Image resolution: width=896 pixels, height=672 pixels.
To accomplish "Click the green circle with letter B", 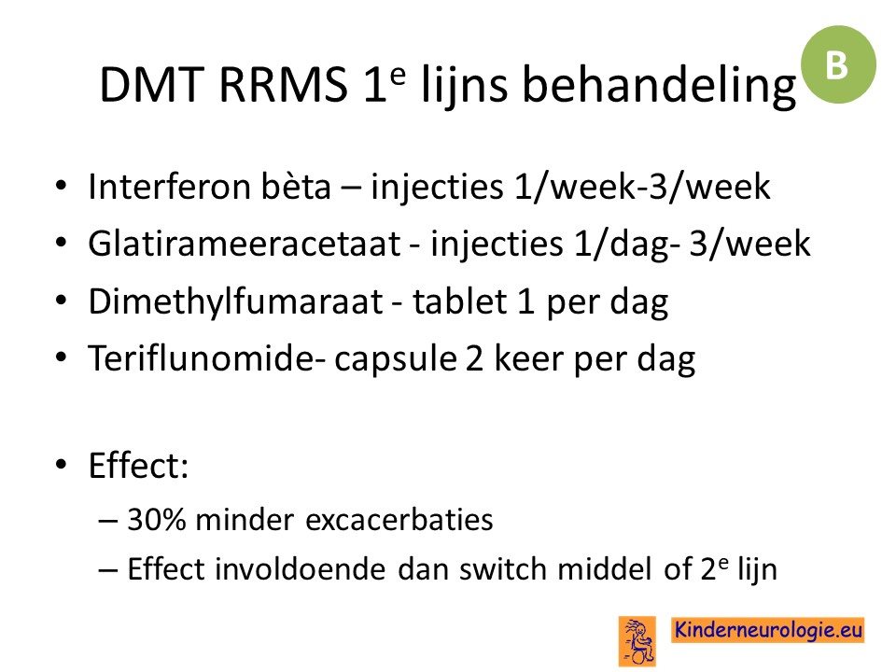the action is (x=838, y=64).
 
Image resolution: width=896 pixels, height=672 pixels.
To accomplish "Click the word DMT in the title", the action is (x=151, y=85).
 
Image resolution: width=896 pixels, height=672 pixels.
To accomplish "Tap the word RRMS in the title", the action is (x=283, y=85).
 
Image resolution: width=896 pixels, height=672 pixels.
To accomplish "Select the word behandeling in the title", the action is (x=659, y=87).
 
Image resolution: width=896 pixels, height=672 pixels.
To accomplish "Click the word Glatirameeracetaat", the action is (x=244, y=244).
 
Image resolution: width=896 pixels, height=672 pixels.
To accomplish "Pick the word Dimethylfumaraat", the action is (x=235, y=301).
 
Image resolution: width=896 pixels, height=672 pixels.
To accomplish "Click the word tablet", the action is (x=459, y=301).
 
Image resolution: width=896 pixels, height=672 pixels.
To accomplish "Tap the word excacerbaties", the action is (x=399, y=520).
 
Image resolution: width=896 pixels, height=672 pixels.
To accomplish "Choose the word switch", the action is (x=503, y=569).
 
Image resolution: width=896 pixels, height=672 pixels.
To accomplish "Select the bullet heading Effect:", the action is (x=138, y=465).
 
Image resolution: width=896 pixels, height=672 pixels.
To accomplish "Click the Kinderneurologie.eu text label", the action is (x=767, y=630).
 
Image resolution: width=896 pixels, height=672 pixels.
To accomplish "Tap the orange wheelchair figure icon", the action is (x=637, y=641).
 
